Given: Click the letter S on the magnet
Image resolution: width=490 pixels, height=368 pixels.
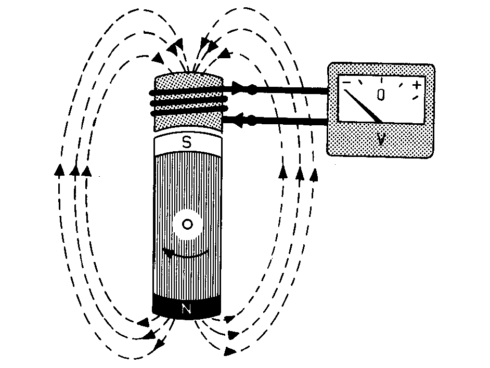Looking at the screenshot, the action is [187, 142].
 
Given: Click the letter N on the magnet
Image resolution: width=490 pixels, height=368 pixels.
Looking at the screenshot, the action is [187, 309].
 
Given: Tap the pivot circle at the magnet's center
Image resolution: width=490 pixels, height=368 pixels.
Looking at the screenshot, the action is [187, 225].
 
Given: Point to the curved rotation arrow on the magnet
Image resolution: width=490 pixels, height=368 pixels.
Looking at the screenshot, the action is [185, 254].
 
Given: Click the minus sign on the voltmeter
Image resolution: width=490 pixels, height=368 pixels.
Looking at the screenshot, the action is [347, 83].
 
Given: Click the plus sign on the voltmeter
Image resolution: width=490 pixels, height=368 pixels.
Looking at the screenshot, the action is [417, 85].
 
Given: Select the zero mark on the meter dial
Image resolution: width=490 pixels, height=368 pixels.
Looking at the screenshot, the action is [381, 95].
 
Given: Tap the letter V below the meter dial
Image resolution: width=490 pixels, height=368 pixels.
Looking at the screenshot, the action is [380, 139].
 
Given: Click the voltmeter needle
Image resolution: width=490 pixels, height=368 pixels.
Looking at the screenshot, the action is [363, 106].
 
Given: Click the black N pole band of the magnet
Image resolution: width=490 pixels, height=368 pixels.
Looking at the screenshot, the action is [187, 307].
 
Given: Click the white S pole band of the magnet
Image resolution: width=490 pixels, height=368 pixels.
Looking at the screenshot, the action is [188, 143].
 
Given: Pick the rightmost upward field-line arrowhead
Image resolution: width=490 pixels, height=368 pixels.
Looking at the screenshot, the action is [314, 175].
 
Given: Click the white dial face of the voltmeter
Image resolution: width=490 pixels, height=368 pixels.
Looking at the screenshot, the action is [381, 99].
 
